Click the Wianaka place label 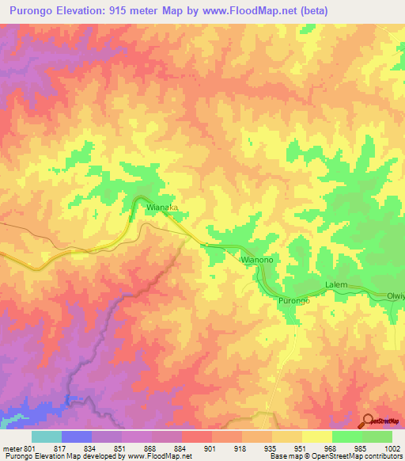[x=161, y=207]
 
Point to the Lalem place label [x=336, y=284]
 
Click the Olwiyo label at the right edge [x=395, y=296]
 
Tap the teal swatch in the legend [x=47, y=436]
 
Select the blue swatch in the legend [x=77, y=436]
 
